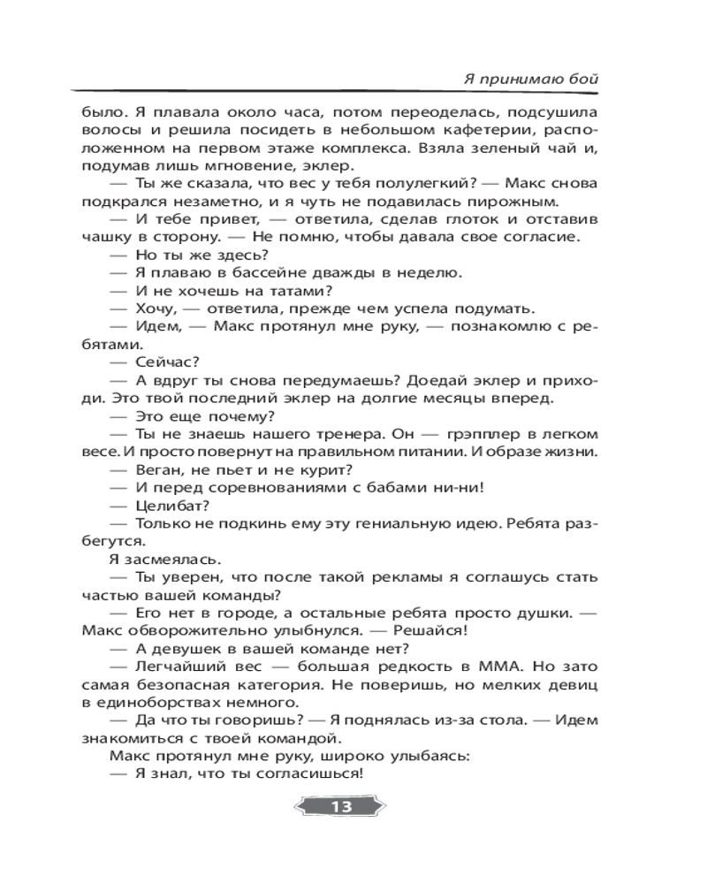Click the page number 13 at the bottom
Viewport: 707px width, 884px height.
tap(340, 806)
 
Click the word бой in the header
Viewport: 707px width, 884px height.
tap(584, 79)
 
